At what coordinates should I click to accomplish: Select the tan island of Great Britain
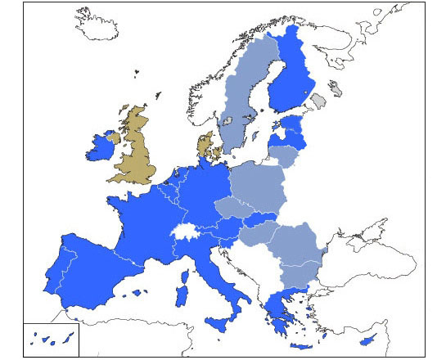point(136,151)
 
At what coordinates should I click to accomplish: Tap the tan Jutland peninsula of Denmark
point(205,146)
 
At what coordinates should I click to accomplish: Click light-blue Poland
point(257,185)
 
